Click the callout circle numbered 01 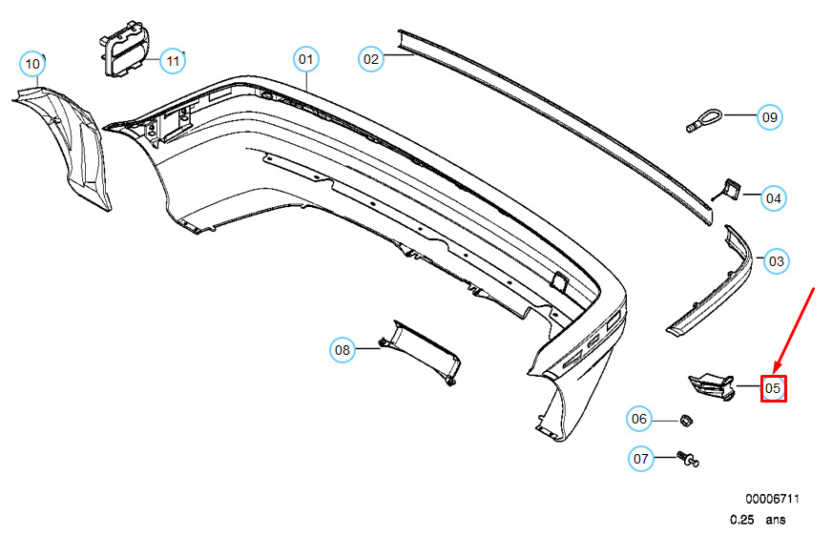click(305, 60)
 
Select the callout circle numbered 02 click(371, 59)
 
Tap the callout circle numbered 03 click(777, 259)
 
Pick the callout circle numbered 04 click(773, 198)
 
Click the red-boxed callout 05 click(773, 388)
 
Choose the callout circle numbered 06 click(639, 418)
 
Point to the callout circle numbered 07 click(640, 459)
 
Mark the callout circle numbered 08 click(343, 350)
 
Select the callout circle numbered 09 click(770, 117)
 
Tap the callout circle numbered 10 click(32, 64)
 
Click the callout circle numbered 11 click(172, 61)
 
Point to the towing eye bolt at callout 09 click(702, 121)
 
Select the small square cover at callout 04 click(731, 189)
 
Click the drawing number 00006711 click(772, 499)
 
